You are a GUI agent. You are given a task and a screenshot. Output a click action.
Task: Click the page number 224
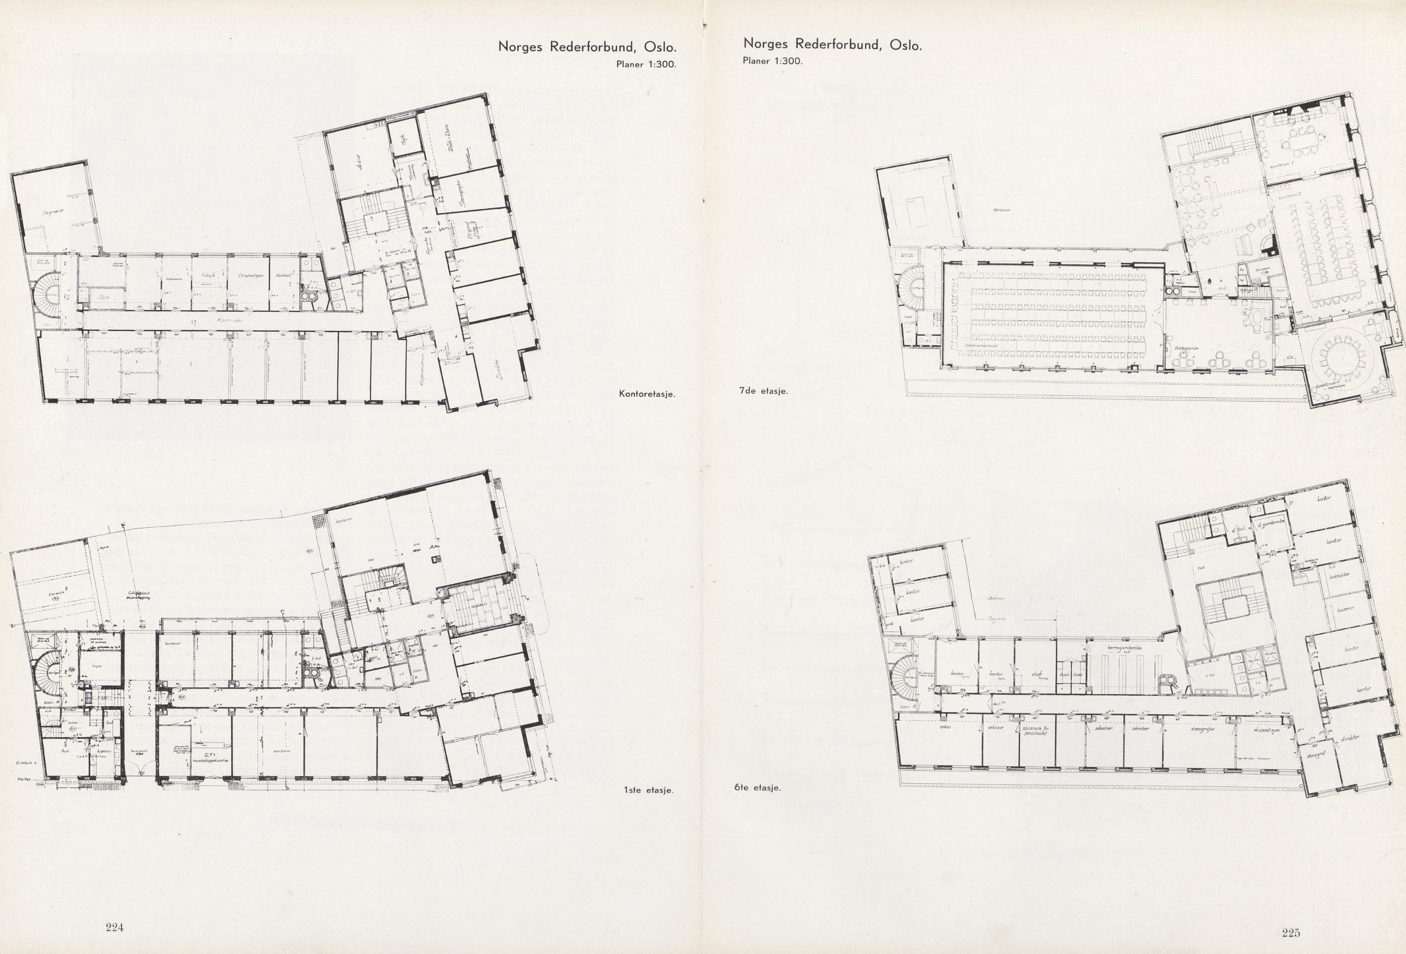pos(114,927)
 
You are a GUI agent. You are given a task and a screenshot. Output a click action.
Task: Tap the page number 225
pos(1290,933)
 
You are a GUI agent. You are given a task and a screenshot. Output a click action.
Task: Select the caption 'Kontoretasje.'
pos(646,394)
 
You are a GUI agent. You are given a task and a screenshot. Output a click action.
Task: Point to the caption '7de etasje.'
pos(763,391)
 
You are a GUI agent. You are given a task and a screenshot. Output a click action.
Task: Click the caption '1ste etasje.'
pos(648,790)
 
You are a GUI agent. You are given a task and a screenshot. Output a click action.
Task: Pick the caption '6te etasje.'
pos(756,788)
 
